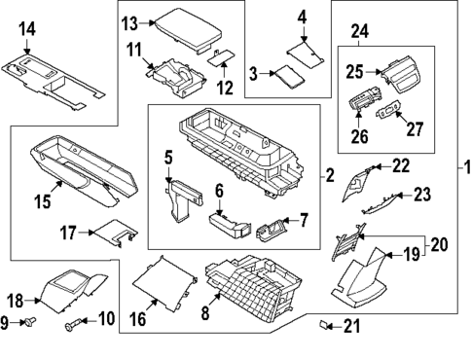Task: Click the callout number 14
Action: (27, 30)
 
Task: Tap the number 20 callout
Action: (438, 246)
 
